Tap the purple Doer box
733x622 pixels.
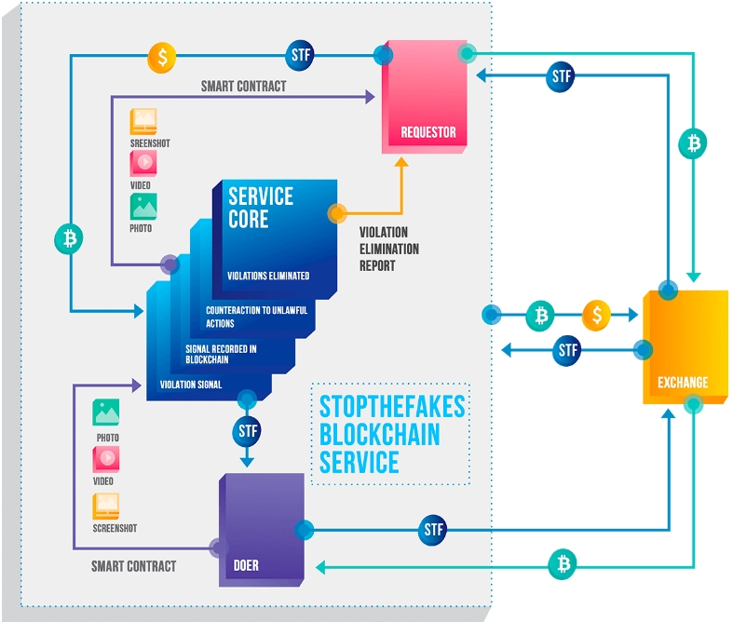pyautogui.click(x=262, y=529)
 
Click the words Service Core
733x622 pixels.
pyautogui.click(x=261, y=208)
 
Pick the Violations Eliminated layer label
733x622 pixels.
pyautogui.click(x=268, y=276)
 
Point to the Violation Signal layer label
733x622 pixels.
pyautogui.click(x=190, y=384)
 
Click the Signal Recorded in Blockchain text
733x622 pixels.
pyautogui.click(x=221, y=355)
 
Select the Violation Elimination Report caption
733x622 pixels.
pyautogui.click(x=389, y=249)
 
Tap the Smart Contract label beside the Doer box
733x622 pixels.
pyautogui.click(x=133, y=565)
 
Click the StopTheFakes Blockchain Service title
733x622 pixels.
pyautogui.click(x=391, y=434)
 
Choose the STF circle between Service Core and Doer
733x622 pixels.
pyautogui.click(x=247, y=431)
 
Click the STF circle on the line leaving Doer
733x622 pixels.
pyautogui.click(x=433, y=530)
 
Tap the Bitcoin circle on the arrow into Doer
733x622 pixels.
pyautogui.click(x=562, y=563)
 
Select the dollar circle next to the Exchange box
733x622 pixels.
pyautogui.click(x=596, y=316)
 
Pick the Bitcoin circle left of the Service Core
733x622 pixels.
pyautogui.click(x=69, y=238)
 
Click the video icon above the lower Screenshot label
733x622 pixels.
pyautogui.click(x=106, y=459)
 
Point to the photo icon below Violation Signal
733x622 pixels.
pyautogui.click(x=106, y=412)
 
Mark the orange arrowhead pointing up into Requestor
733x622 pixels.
pyautogui.click(x=402, y=162)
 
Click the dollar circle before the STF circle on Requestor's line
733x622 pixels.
pyautogui.click(x=162, y=57)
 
